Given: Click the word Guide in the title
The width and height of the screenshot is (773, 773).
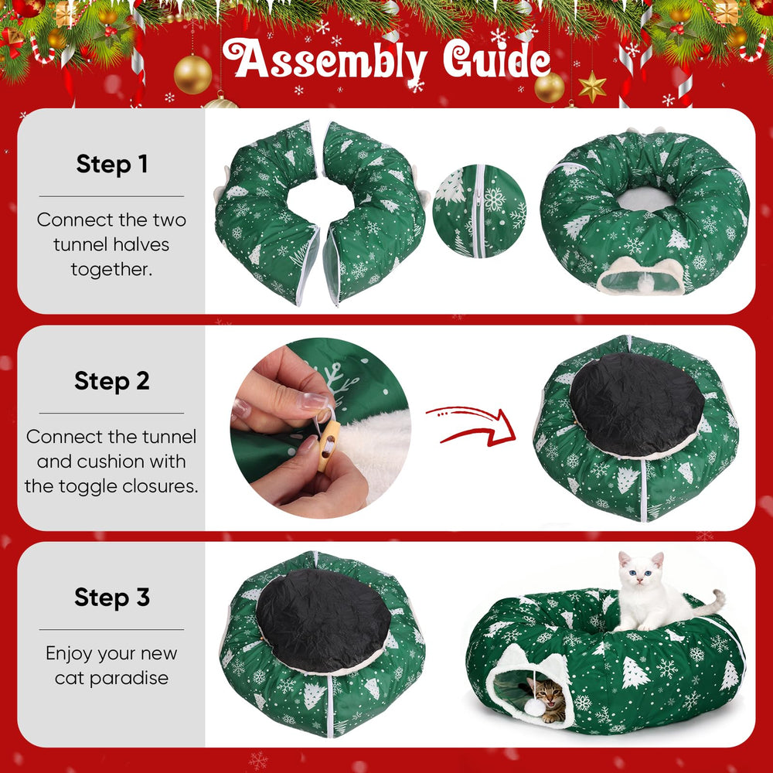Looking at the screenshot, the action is [496, 60].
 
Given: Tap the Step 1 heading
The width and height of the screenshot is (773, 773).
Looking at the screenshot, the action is [112, 164].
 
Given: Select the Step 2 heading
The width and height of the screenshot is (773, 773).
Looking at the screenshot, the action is [112, 381].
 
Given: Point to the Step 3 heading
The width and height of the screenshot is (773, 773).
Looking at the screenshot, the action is [112, 598].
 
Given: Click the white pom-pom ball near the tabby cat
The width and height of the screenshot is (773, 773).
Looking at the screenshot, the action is [534, 707].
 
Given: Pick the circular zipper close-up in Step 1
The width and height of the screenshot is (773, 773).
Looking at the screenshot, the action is [479, 211].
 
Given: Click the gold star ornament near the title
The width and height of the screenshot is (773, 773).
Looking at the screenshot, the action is [592, 87].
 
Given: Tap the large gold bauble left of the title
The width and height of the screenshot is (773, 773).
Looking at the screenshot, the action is [192, 74].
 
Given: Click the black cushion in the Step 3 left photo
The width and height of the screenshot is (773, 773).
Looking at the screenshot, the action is [323, 620].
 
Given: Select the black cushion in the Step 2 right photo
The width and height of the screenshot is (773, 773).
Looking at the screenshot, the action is [636, 404].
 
